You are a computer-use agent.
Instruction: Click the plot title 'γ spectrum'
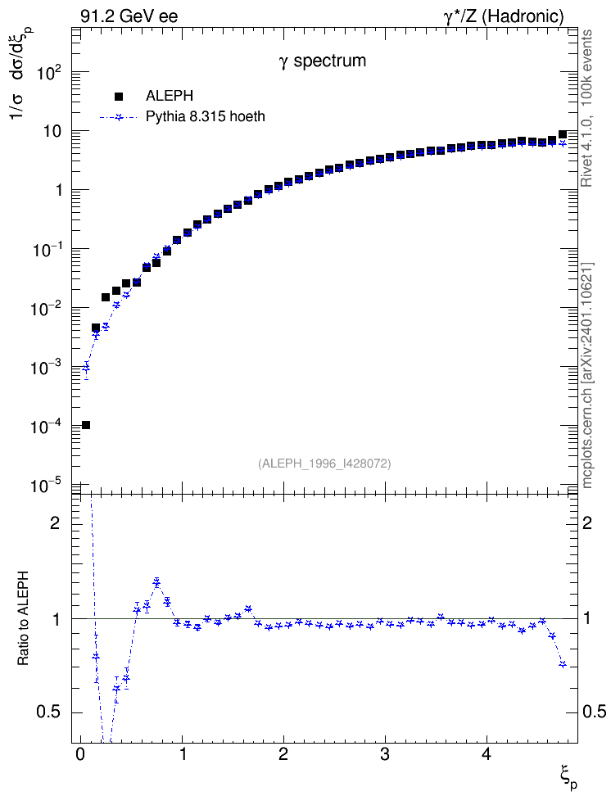(x=323, y=61)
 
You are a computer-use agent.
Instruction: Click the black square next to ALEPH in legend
(x=119, y=96)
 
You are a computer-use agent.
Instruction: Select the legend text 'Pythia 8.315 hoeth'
(x=206, y=117)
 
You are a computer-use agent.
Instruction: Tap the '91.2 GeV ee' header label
(x=129, y=16)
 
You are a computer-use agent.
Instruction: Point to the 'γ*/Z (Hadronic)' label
(x=504, y=16)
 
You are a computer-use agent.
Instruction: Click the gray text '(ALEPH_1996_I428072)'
(x=324, y=464)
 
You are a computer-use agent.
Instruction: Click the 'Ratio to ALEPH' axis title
(x=24, y=618)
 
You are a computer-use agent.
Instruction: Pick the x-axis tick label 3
(x=385, y=754)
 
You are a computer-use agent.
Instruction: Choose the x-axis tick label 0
(x=80, y=754)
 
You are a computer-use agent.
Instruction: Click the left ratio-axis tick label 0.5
(x=48, y=712)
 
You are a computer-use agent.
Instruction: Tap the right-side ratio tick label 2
(x=587, y=522)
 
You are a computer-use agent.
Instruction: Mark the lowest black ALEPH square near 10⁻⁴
(x=86, y=425)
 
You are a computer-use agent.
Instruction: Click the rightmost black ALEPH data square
(x=562, y=134)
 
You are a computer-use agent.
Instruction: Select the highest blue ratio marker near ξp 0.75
(x=156, y=583)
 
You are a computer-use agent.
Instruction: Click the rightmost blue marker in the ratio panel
(x=562, y=664)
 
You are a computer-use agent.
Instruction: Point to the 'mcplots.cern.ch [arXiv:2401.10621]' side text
(x=587, y=375)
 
